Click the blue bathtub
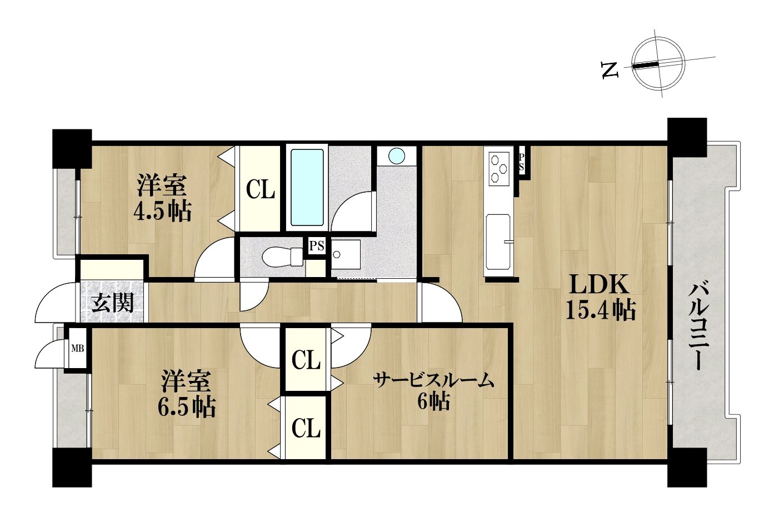click(x=307, y=188)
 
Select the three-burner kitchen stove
click(x=499, y=169)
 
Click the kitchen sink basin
click(x=498, y=242)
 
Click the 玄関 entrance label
click(x=112, y=303)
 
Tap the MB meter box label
click(x=77, y=349)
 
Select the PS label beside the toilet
click(x=317, y=246)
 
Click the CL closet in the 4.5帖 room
click(x=260, y=189)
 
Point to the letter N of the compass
click(x=610, y=70)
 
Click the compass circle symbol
click(x=658, y=67)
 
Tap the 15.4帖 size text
click(x=601, y=310)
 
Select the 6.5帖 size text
click(x=187, y=407)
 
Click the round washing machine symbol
click(x=397, y=156)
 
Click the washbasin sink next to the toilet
click(x=346, y=254)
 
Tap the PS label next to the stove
click(x=521, y=162)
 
